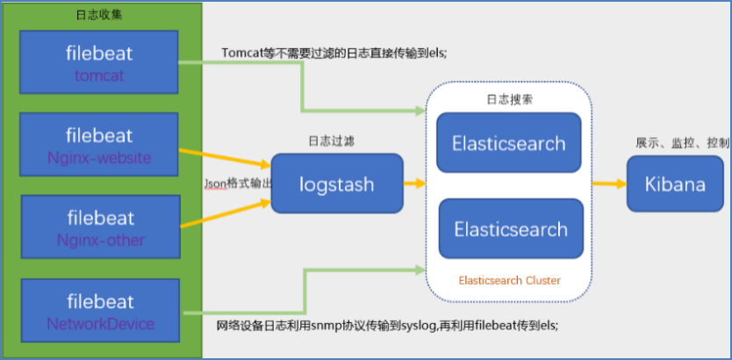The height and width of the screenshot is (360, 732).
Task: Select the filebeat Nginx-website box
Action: [x=99, y=146]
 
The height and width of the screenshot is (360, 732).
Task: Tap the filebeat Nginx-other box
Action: [x=99, y=227]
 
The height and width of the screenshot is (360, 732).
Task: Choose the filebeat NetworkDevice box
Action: [x=99, y=312]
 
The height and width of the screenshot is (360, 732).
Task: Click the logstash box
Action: [x=336, y=184]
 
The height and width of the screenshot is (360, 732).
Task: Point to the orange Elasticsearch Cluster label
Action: [x=509, y=280]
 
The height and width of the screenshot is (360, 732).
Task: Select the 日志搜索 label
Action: [x=509, y=99]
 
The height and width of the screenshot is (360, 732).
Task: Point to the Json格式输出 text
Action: [x=237, y=184]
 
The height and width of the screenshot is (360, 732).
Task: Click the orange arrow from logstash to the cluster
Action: [x=414, y=184]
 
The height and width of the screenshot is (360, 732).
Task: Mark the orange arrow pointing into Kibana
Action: [x=607, y=184]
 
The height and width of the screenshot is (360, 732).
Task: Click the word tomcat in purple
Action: [x=99, y=76]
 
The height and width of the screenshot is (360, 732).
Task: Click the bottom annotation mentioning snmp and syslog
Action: [x=386, y=325]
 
